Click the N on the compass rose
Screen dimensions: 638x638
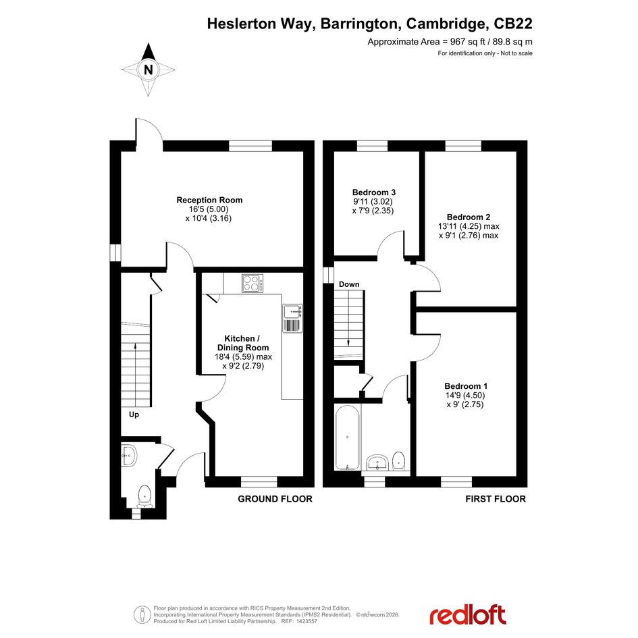(149, 70)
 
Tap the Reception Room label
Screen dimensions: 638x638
(209, 201)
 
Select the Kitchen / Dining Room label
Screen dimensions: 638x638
(243, 343)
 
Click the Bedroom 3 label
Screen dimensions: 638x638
(374, 192)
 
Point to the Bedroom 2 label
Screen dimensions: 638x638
(469, 217)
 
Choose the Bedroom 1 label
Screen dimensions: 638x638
(466, 386)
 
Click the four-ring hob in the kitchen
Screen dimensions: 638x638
(252, 283)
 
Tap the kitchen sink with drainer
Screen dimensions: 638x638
(292, 318)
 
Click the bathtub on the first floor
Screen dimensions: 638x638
(347, 437)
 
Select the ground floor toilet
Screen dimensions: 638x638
(144, 496)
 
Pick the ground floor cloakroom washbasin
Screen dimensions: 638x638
(128, 455)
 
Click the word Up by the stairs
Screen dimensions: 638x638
(134, 415)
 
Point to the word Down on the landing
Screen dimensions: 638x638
(349, 284)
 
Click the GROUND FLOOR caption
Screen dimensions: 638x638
(275, 499)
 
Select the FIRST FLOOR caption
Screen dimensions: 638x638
(496, 499)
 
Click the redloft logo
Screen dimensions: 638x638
(468, 615)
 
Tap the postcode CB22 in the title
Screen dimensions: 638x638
(512, 24)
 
